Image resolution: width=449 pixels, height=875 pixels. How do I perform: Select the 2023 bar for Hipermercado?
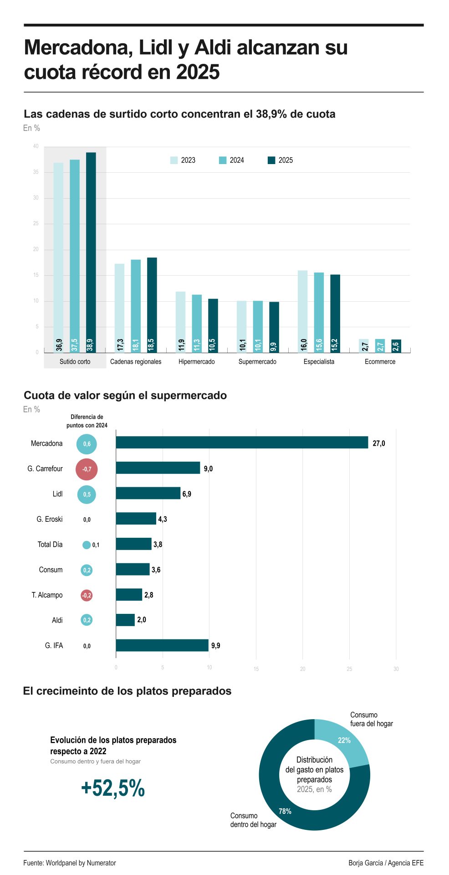click(x=180, y=322)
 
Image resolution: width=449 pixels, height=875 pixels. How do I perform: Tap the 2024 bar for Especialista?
click(x=319, y=312)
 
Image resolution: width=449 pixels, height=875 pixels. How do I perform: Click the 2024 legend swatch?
click(x=223, y=160)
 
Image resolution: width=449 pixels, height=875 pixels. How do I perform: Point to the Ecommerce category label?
click(x=380, y=362)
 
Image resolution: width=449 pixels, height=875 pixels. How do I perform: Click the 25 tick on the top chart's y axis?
click(x=36, y=224)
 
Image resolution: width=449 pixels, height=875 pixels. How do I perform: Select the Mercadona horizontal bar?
click(x=242, y=443)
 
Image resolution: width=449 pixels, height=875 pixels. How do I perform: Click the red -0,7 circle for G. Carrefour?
click(x=87, y=469)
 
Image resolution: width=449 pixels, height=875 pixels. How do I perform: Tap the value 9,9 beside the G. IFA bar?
click(x=215, y=646)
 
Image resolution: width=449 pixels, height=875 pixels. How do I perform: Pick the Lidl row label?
click(x=57, y=494)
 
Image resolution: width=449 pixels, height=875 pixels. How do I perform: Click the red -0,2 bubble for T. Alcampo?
click(x=87, y=595)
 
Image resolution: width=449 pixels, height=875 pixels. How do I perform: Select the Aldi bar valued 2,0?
click(x=125, y=620)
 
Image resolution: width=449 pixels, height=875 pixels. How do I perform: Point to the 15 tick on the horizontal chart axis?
click(x=256, y=669)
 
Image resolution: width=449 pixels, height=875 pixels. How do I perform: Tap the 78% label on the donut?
click(x=285, y=811)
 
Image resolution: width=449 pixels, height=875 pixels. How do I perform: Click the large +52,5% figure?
click(x=112, y=788)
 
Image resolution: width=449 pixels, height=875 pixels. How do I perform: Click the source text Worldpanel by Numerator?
click(x=81, y=863)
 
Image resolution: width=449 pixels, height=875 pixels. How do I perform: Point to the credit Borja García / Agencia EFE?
click(x=386, y=863)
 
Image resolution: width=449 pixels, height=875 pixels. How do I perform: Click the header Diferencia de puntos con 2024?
click(x=87, y=421)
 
